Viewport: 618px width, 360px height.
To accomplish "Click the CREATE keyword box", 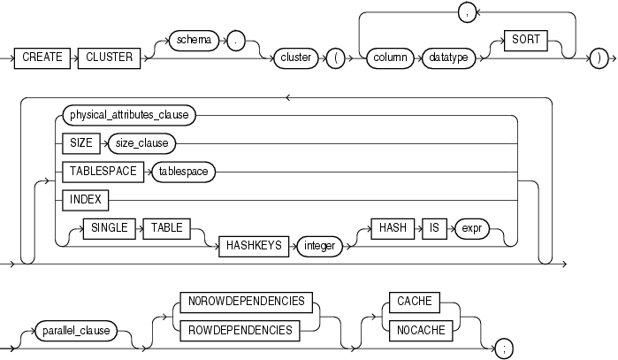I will pyautogui.click(x=42, y=57).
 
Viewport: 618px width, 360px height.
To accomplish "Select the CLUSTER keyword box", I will pyautogui.click(x=110, y=57).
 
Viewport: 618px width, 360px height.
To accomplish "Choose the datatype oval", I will pyautogui.click(x=445, y=57).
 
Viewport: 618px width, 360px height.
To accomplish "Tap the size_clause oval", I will pyautogui.click(x=141, y=142).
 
